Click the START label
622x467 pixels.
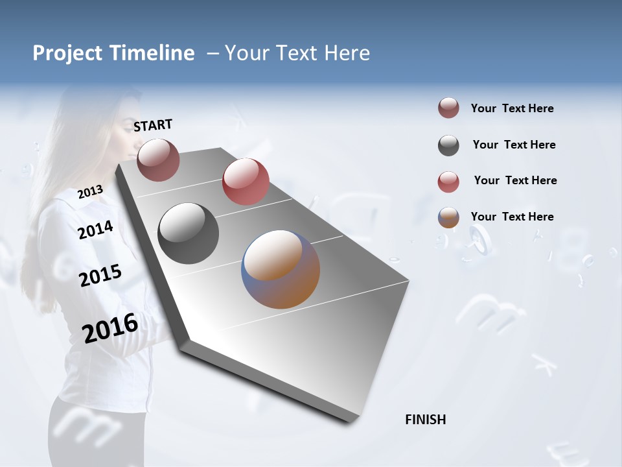click(153, 125)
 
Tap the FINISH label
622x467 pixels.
click(425, 420)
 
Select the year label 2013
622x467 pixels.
click(90, 192)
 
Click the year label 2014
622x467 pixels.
click(96, 230)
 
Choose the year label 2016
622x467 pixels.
click(110, 328)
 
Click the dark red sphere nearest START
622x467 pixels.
click(158, 160)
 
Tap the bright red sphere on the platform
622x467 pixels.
click(246, 182)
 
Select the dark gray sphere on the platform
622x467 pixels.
click(188, 233)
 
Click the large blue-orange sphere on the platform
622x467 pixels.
click(281, 269)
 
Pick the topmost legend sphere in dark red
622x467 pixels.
click(448, 108)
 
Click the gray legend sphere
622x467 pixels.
click(448, 145)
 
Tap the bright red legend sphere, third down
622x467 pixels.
click(448, 182)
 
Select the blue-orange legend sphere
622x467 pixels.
click(448, 217)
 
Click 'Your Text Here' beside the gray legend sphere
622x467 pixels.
click(514, 145)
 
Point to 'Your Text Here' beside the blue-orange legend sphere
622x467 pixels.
click(512, 217)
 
